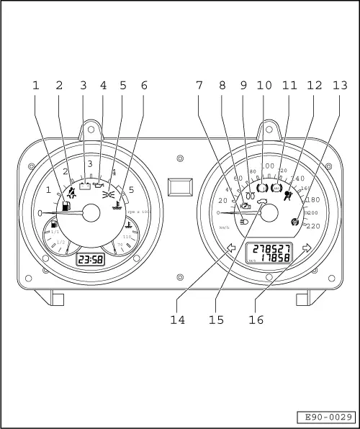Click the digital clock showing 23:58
click(x=89, y=259)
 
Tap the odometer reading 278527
click(x=269, y=248)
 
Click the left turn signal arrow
click(x=232, y=249)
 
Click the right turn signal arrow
click(x=307, y=248)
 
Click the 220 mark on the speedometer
click(x=313, y=226)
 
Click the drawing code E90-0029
click(x=326, y=417)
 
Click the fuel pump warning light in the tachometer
click(x=67, y=206)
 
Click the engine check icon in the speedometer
click(x=246, y=206)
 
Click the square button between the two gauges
click(x=179, y=188)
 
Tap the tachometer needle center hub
click(x=91, y=212)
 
